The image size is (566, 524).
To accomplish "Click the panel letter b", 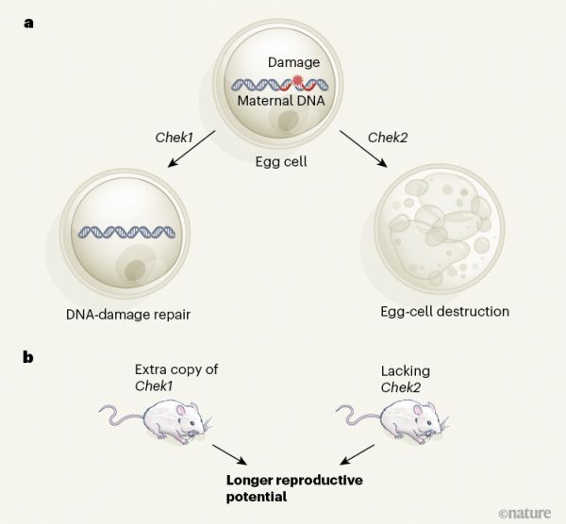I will tap(30, 359).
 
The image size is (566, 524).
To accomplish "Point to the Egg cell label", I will tap(282, 161).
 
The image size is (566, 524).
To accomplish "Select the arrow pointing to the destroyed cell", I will tap(362, 156).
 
